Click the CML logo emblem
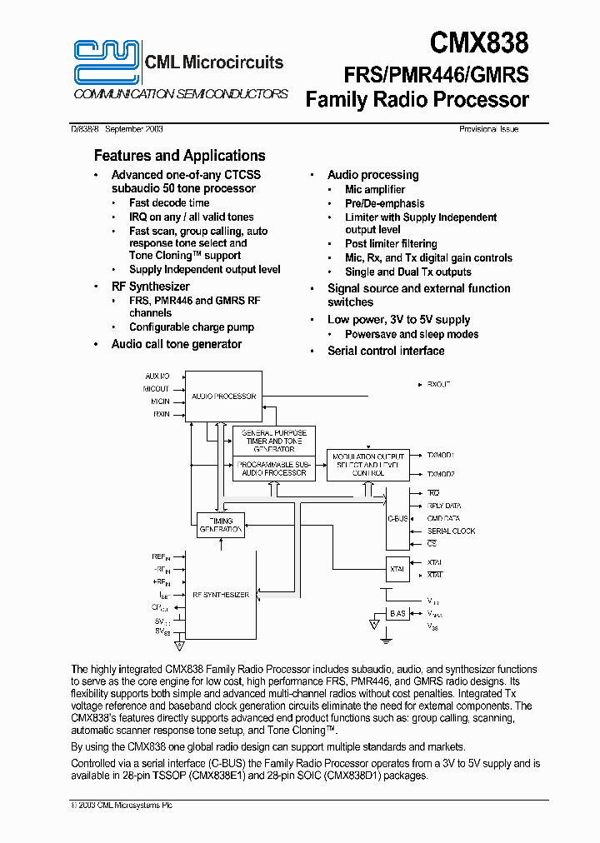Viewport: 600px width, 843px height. coord(107,62)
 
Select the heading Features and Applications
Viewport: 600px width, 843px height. coord(179,156)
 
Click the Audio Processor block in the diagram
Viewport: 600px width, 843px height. coord(223,397)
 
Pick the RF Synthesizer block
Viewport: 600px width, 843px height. coord(221,595)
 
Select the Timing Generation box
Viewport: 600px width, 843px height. coord(221,525)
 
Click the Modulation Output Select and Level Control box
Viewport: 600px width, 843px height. coord(367,465)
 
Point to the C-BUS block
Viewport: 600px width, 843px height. coord(397,518)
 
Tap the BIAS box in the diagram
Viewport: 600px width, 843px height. coord(397,614)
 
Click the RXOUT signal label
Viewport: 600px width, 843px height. coord(438,384)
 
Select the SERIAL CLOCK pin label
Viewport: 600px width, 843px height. coord(451,531)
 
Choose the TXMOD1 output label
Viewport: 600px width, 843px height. coord(441,456)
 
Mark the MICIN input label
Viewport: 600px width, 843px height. coord(160,401)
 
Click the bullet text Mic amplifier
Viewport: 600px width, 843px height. coord(375,190)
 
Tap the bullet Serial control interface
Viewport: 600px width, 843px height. coord(386,351)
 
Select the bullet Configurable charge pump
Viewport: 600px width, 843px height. coord(192,327)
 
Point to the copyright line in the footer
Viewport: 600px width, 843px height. coord(122,805)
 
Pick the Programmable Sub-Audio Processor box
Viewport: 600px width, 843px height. coord(274,468)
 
